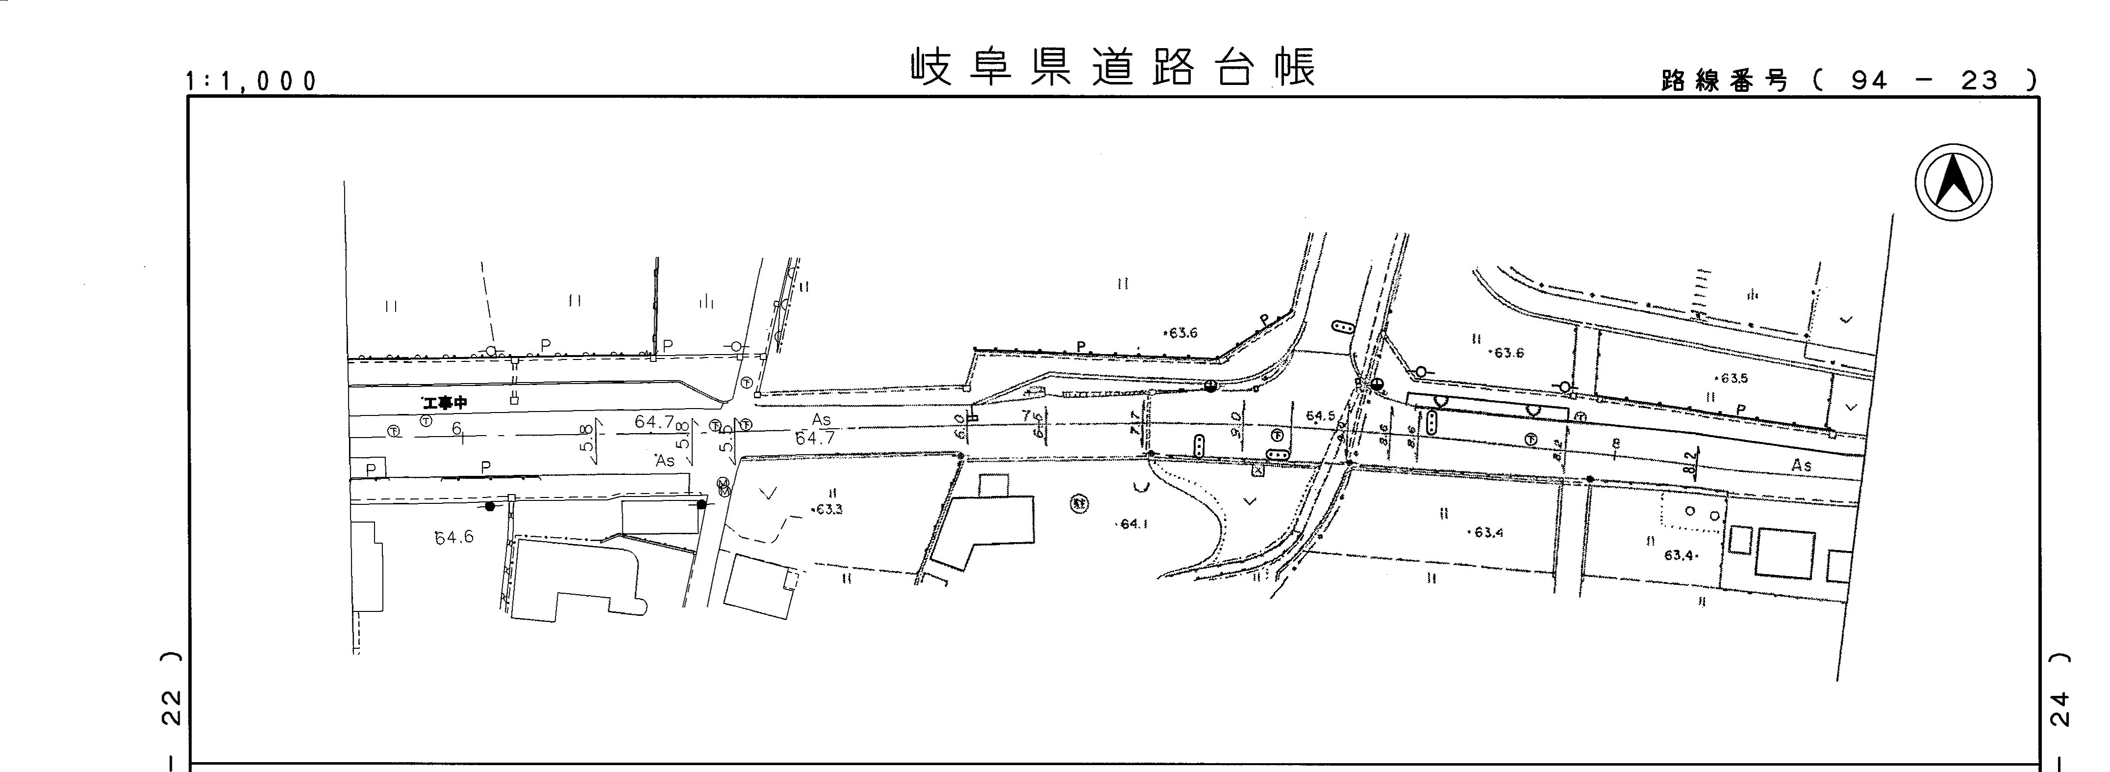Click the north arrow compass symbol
pyautogui.click(x=1953, y=182)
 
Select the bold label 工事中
pyautogui.click(x=444, y=403)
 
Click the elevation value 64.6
pyautogui.click(x=454, y=538)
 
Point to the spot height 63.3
pyautogui.click(x=828, y=509)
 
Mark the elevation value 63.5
pyautogui.click(x=1733, y=379)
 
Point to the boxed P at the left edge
pyautogui.click(x=370, y=469)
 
